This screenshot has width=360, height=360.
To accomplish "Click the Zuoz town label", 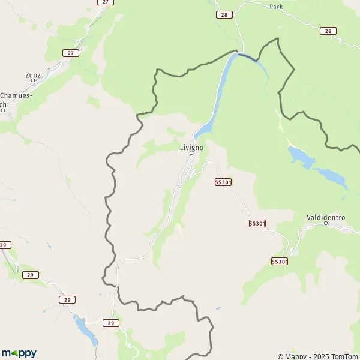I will click(x=32, y=76).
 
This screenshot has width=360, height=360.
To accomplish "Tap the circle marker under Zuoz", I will click(x=32, y=82).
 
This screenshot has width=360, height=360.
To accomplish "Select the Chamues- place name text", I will click(x=16, y=95).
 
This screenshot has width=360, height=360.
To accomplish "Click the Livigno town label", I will click(x=192, y=146).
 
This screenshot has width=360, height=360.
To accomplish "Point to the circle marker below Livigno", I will click(x=192, y=153).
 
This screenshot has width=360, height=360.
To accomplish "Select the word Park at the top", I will click(x=276, y=7).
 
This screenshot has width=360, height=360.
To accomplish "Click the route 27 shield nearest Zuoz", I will click(x=71, y=53).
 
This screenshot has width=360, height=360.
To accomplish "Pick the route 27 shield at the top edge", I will click(x=106, y=2).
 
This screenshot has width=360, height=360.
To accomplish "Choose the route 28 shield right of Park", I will click(x=327, y=31).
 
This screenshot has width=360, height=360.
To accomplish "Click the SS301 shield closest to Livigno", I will click(x=223, y=182).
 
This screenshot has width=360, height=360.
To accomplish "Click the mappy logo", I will click(x=19, y=353).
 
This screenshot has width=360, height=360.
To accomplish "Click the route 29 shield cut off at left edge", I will click(x=4, y=245).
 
